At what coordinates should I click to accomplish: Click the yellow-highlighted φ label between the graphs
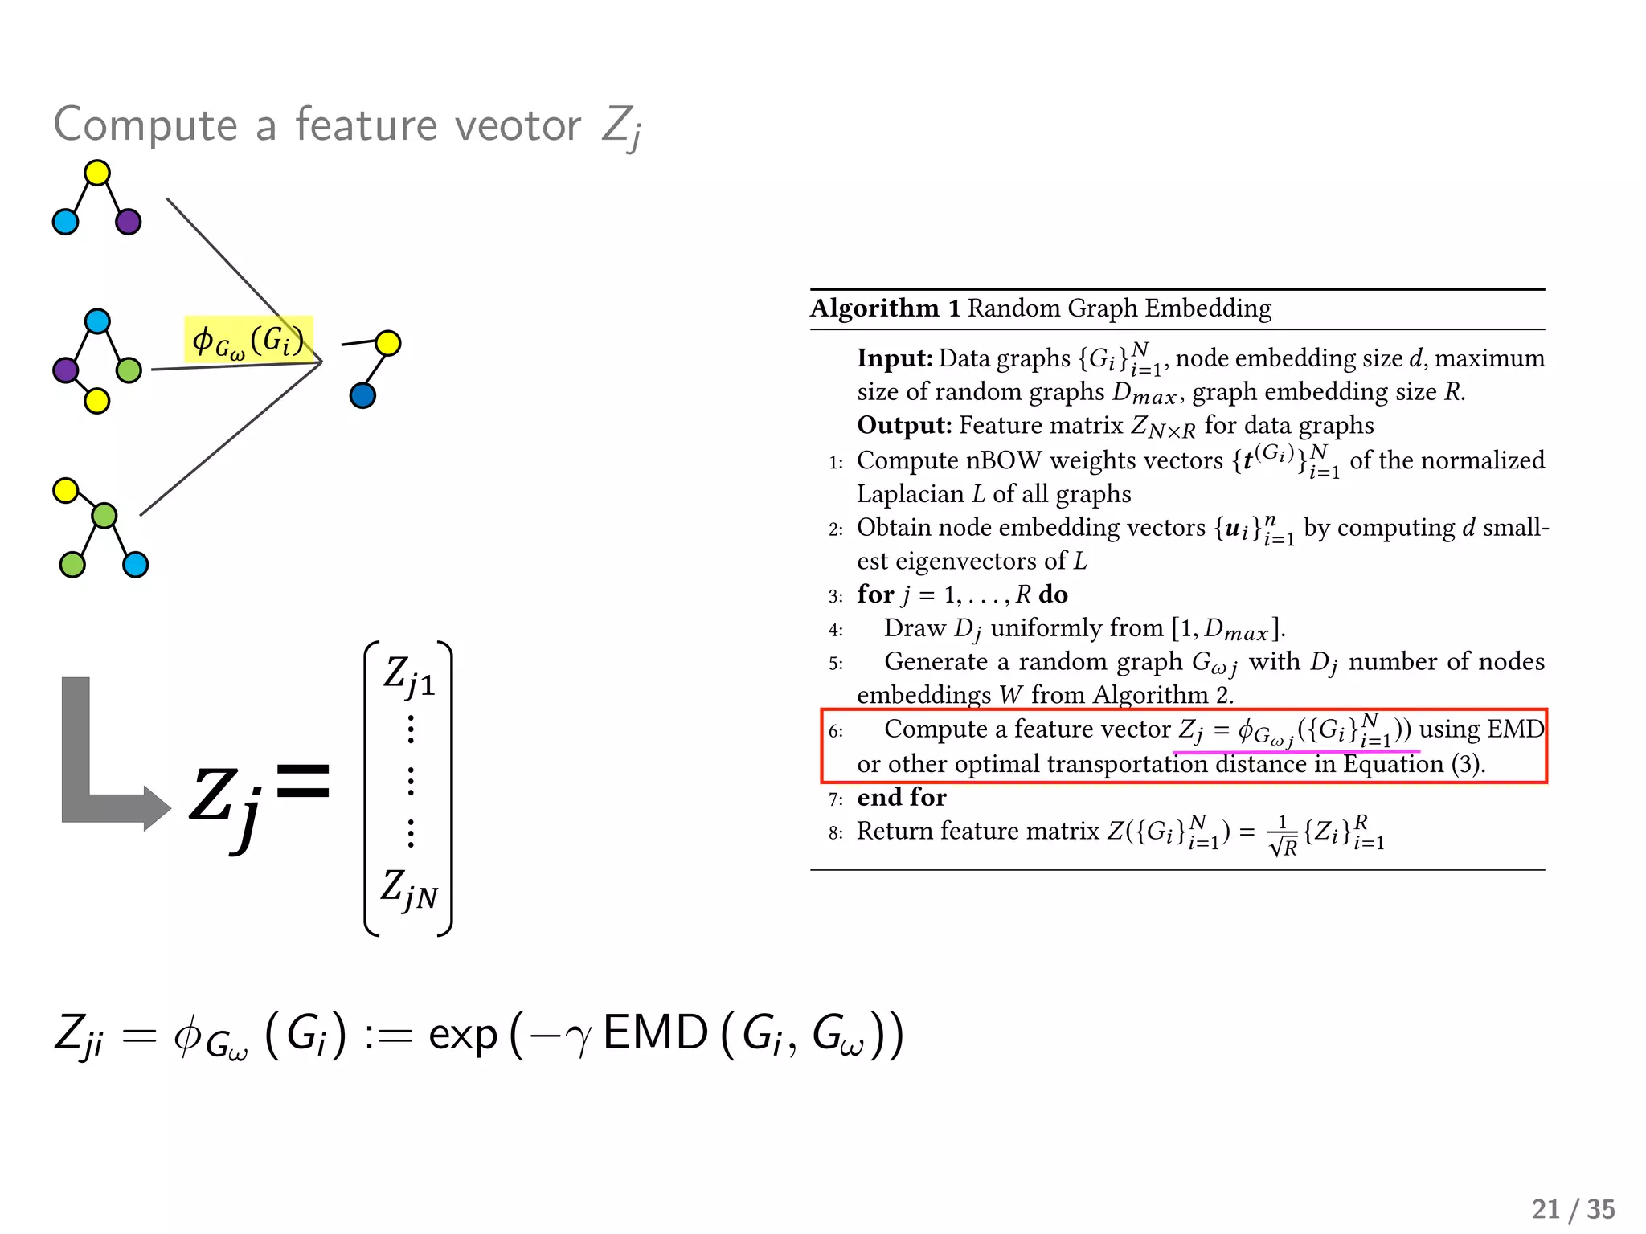(248, 341)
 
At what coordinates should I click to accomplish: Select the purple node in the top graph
(128, 222)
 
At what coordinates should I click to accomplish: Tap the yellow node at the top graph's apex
(97, 173)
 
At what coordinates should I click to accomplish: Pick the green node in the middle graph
(129, 370)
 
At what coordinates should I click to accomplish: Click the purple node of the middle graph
(66, 370)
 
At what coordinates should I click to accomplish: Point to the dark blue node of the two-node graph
(362, 395)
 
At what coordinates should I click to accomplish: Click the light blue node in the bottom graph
(135, 565)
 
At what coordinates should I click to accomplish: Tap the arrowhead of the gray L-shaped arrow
(157, 807)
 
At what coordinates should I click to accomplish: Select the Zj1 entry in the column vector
(409, 676)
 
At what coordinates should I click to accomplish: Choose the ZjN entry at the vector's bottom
(409, 890)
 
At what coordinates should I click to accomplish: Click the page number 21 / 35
(1573, 1209)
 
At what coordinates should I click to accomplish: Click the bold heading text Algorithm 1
(885, 308)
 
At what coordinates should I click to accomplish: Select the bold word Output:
(904, 425)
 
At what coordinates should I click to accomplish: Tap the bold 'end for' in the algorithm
(902, 797)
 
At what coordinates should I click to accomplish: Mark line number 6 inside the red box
(836, 731)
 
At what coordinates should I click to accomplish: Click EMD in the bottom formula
(655, 1033)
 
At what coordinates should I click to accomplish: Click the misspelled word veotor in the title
(518, 125)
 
